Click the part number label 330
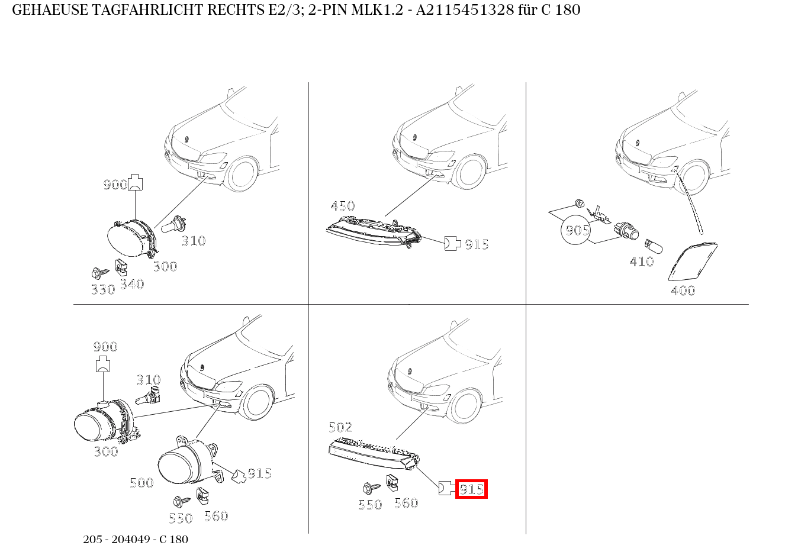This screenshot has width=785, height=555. [102, 289]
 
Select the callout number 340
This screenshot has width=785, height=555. [131, 284]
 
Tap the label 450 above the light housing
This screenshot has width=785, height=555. [342, 206]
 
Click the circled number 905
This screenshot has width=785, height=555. [576, 230]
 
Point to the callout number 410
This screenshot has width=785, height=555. [641, 261]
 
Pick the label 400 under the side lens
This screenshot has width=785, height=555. [683, 291]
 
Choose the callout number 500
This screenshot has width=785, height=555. [141, 483]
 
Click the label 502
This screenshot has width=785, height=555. [340, 427]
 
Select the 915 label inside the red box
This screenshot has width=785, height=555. [471, 489]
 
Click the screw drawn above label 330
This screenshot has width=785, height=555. [99, 273]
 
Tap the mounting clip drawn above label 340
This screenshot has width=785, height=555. [121, 267]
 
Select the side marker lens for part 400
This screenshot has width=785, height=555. [691, 262]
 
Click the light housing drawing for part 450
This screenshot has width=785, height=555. [373, 231]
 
